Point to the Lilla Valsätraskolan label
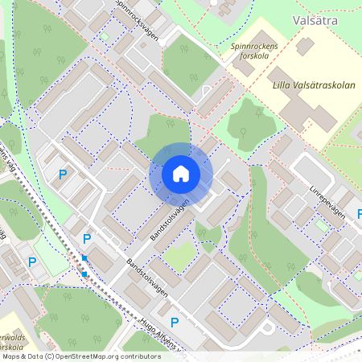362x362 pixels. coord(302,83)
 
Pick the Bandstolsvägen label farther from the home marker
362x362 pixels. coord(147,279)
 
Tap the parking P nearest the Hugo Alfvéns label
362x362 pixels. coord(174,322)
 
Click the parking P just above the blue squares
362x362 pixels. coord(87,239)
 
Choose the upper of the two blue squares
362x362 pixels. coord(84,257)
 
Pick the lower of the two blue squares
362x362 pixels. coord(84,274)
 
